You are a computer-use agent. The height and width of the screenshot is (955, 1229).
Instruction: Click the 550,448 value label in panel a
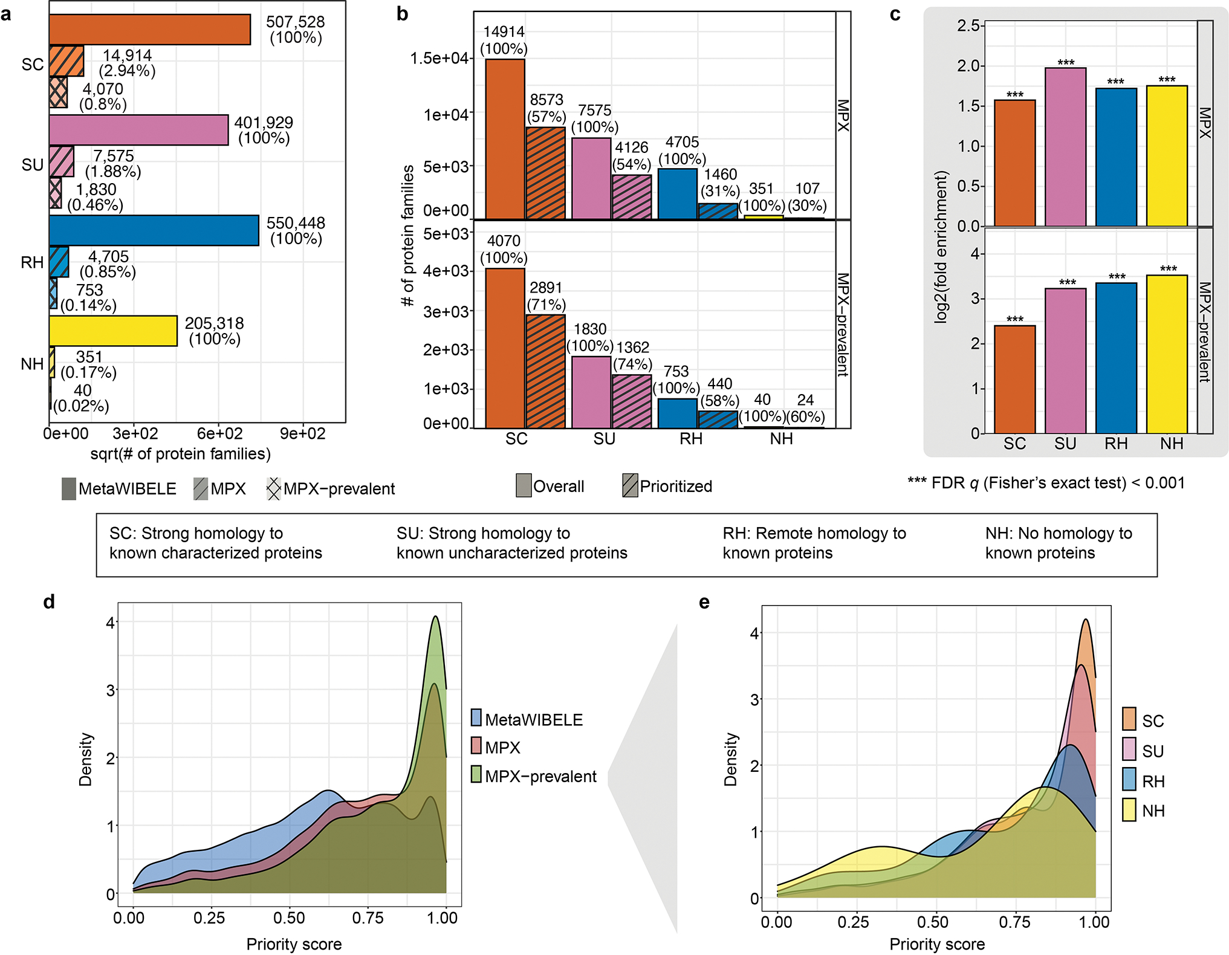pos(296,223)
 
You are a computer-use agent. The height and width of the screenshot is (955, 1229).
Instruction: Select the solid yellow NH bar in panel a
pos(113,331)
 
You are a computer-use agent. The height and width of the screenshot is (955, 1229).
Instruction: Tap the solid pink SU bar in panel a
pos(138,130)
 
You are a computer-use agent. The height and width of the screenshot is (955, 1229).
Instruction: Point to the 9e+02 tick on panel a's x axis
pos(302,433)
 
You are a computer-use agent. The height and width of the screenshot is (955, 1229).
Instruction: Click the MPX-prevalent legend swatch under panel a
pos(274,488)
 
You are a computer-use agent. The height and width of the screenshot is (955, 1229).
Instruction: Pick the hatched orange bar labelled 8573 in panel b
pos(546,173)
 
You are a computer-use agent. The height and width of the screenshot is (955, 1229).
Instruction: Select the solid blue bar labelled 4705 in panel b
pos(677,194)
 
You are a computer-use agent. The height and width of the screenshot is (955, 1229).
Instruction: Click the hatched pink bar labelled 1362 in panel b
pos(632,401)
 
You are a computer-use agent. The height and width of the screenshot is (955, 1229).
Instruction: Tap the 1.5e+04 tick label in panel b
pos(439,59)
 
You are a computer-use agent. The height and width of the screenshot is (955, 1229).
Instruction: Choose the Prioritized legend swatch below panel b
pos(630,485)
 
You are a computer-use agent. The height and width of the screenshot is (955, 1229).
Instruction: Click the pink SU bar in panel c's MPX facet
pos(1065,147)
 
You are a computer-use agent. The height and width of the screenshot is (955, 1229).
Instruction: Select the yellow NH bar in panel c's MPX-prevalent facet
pos(1167,354)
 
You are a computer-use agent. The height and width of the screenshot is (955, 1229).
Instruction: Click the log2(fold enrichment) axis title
pos(941,247)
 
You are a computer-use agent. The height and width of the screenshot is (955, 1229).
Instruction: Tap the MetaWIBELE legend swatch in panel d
pos(476,718)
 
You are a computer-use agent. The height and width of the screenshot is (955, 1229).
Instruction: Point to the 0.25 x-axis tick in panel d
pos(209,918)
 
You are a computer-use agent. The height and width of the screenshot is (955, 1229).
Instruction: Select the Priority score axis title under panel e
pos(936,944)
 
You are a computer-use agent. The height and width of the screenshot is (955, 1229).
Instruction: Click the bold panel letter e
pos(704,602)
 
